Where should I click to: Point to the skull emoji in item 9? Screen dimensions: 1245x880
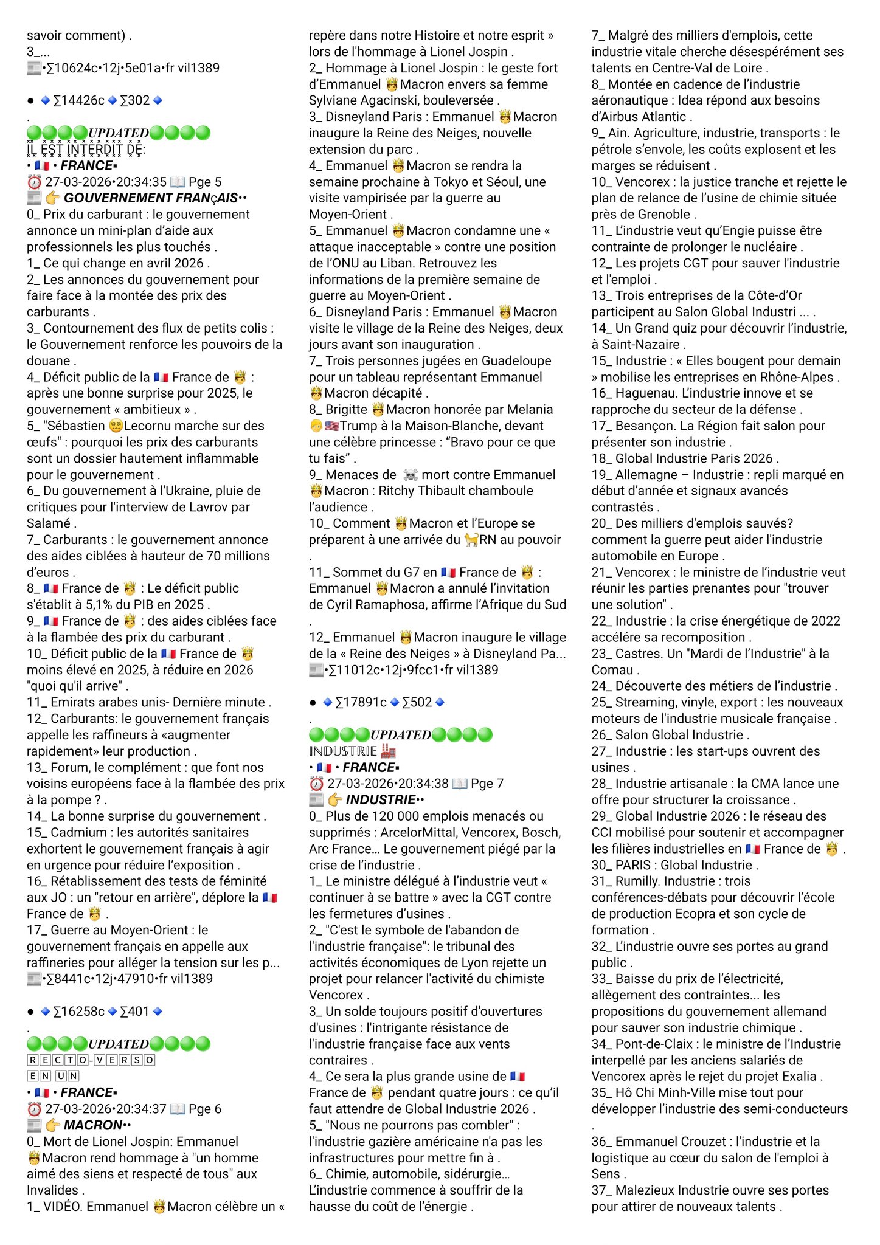[410, 475]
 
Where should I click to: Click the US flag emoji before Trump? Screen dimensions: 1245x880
[331, 426]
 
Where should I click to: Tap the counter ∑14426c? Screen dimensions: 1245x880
[78, 100]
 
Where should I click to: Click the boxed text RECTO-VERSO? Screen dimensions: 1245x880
[91, 1060]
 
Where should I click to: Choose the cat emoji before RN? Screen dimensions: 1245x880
[471, 540]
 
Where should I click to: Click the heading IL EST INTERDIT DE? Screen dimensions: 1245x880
[86, 150]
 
